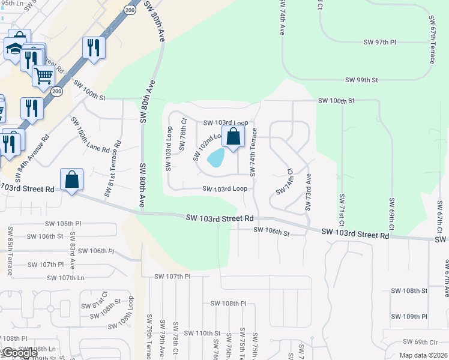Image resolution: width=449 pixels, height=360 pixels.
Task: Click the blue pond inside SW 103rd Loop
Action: pos(215,158)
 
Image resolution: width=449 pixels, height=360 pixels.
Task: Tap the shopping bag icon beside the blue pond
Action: pos(234,137)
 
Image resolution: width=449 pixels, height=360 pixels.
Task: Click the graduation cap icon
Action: pos(13,49)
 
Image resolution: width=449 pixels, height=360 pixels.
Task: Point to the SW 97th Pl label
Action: pos(380,42)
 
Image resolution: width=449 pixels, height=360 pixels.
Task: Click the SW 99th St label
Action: pos(361,80)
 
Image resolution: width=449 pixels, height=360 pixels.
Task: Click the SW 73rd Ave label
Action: pos(308,192)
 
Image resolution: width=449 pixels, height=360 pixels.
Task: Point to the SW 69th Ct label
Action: pos(391,215)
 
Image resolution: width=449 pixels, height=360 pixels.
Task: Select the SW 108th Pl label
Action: pos(229,304)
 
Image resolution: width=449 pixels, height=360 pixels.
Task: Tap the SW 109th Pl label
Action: pos(409,316)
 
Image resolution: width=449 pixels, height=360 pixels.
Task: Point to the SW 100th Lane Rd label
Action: pos(90,135)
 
